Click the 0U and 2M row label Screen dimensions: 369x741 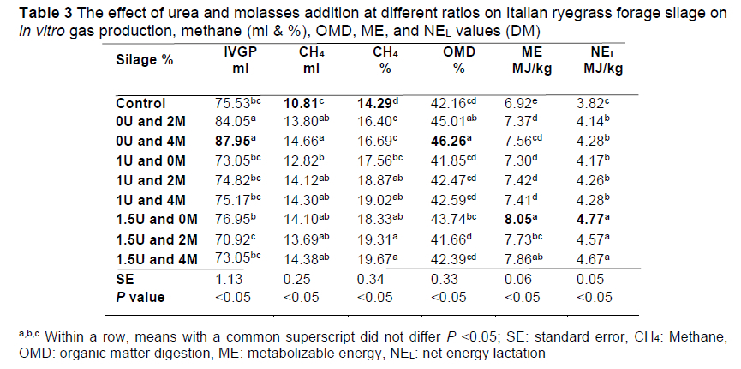(152, 122)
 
